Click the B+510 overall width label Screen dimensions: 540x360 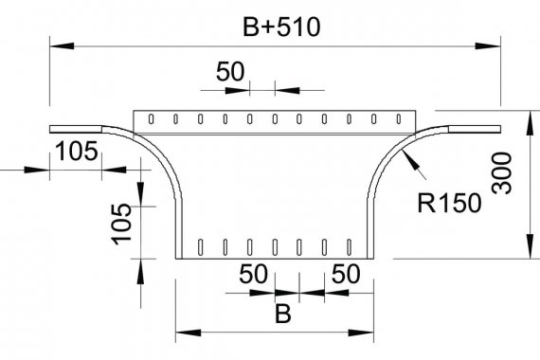[281, 27]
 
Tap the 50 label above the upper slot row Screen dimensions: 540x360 [230, 72]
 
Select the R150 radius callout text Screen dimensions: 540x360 [449, 204]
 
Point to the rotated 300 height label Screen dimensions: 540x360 [502, 173]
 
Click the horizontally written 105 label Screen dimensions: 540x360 [77, 152]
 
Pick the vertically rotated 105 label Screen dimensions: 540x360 [121, 224]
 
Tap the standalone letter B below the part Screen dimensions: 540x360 [283, 314]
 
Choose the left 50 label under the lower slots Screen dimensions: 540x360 [253, 274]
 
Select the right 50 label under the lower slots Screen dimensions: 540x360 [346, 274]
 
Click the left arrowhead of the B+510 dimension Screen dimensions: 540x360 [62, 45]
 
